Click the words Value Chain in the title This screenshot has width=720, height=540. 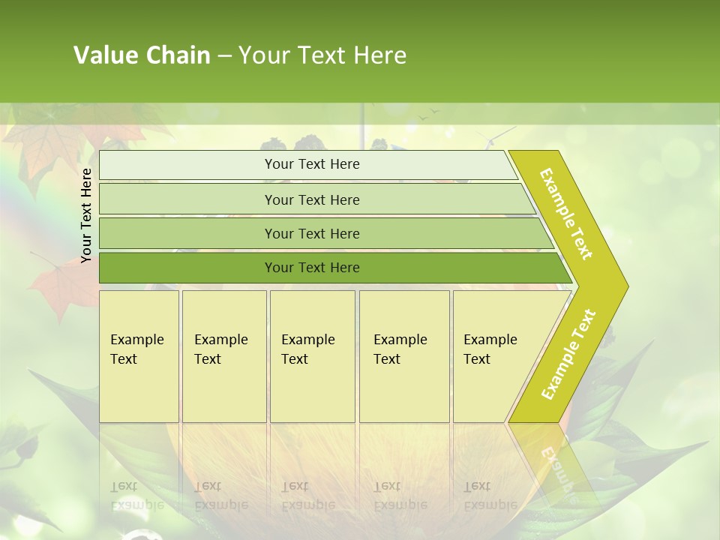pos(142,55)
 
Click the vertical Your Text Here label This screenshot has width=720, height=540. pos(86,215)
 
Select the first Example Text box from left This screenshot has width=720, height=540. pos(139,355)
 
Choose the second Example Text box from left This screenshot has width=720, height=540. pos(223,355)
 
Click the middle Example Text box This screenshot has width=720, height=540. pos(312,355)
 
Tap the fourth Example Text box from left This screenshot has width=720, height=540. pos(403,355)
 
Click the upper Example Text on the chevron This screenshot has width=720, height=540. pos(567,214)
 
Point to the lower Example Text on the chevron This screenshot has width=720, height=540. pos(568,355)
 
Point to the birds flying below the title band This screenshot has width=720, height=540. pos(427,114)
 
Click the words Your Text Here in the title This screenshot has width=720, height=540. pos(322,55)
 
